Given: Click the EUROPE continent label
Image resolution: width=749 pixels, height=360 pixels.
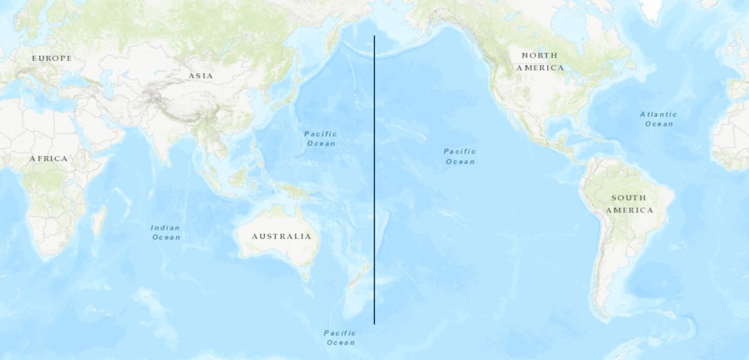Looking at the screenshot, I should tap(52, 58).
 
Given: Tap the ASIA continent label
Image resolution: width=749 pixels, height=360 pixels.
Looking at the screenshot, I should tap(200, 76).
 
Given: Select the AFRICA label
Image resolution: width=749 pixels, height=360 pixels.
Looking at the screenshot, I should tap(49, 158).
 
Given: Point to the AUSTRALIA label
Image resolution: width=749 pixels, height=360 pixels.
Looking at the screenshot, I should tap(281, 236).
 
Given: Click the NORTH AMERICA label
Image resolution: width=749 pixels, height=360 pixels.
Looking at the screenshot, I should tap(540, 61).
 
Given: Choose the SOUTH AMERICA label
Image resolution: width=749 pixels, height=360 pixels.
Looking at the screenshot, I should tap(629, 204).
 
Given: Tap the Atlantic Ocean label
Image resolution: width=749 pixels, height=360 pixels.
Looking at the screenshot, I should tap(658, 119).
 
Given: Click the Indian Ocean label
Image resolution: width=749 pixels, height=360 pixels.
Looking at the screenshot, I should tap(166, 232).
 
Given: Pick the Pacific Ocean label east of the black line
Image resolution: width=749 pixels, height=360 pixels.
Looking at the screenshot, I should tap(460, 156).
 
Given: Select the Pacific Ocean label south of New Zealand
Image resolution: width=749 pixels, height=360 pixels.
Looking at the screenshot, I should tap(340, 338).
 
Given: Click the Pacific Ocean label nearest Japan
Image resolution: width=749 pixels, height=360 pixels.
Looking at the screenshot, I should tap(320, 139).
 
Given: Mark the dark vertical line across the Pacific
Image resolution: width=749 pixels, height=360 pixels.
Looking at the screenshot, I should tap(374, 180).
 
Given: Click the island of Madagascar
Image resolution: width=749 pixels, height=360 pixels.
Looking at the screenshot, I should tap(99, 220).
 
